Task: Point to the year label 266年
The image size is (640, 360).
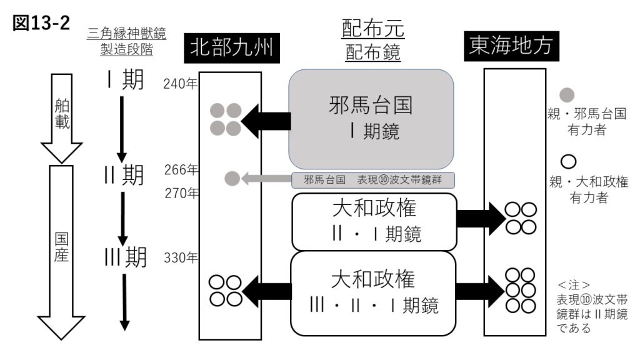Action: coord(181,169)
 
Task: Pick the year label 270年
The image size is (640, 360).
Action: coord(181,193)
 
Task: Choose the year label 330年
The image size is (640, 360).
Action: coord(181,257)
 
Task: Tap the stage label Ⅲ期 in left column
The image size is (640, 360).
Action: coord(125,257)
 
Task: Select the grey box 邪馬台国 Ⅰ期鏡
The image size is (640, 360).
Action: coord(371,119)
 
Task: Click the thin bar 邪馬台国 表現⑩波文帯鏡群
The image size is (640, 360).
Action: coord(373,180)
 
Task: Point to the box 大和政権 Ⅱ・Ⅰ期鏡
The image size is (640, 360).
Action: coord(373,222)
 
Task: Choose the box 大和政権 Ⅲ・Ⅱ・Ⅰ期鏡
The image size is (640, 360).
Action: coord(373,292)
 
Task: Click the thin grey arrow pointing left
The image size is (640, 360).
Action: coord(266,179)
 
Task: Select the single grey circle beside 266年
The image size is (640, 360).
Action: coord(232,179)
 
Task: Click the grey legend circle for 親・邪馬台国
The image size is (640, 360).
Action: coord(567,95)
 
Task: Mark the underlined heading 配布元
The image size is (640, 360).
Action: coord(373,29)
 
